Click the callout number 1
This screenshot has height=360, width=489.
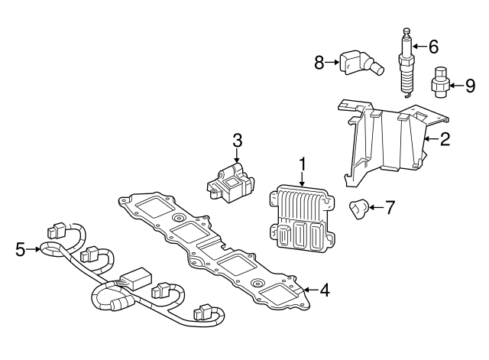pyautogui.click(x=303, y=164)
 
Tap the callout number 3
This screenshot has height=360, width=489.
pyautogui.click(x=237, y=140)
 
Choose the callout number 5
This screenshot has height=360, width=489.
pyautogui.click(x=20, y=248)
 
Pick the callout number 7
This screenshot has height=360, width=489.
pyautogui.click(x=390, y=206)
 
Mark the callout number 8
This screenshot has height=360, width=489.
pyautogui.click(x=319, y=63)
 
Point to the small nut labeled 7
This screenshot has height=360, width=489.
pyautogui.click(x=360, y=207)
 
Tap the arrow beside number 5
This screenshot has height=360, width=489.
pyautogui.click(x=36, y=248)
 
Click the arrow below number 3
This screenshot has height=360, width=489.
pyautogui.click(x=237, y=156)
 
